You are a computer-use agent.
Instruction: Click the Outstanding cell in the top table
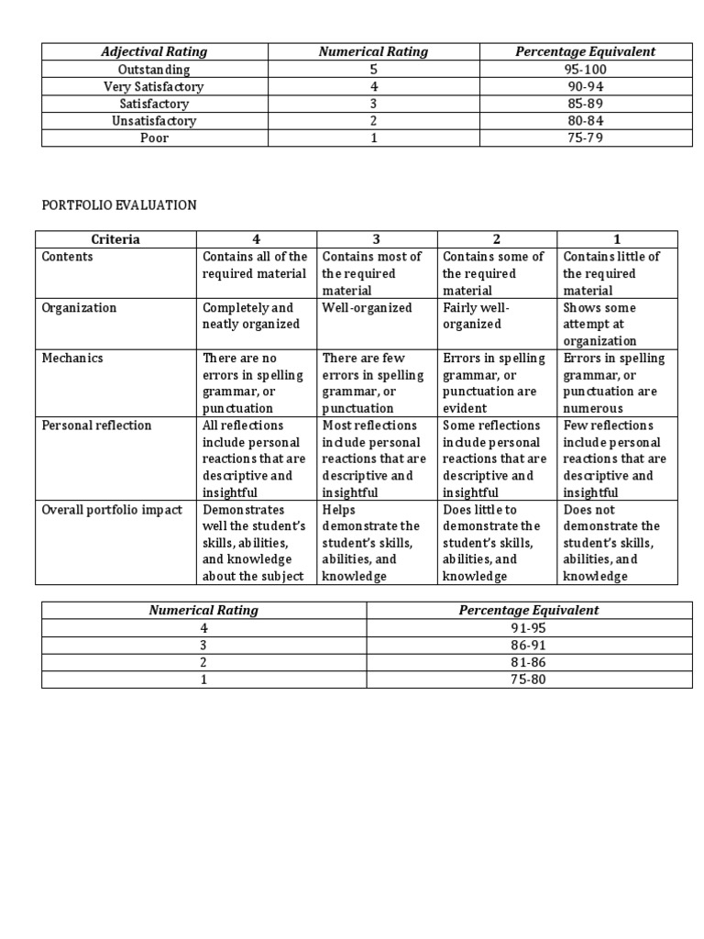[154, 70]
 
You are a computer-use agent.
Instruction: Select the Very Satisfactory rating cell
[154, 86]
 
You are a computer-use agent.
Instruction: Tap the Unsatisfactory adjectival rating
[154, 121]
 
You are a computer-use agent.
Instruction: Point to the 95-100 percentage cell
[585, 70]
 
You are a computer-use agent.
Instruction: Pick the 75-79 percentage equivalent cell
[585, 138]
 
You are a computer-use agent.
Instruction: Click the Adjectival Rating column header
[154, 52]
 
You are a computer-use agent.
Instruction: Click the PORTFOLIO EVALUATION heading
[119, 205]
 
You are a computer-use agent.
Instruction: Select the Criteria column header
[115, 239]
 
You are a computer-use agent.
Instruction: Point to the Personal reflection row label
[97, 425]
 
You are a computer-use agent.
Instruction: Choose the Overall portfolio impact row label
[112, 510]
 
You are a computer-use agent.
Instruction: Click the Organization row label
[80, 308]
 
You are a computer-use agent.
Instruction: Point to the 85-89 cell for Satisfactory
[585, 104]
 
